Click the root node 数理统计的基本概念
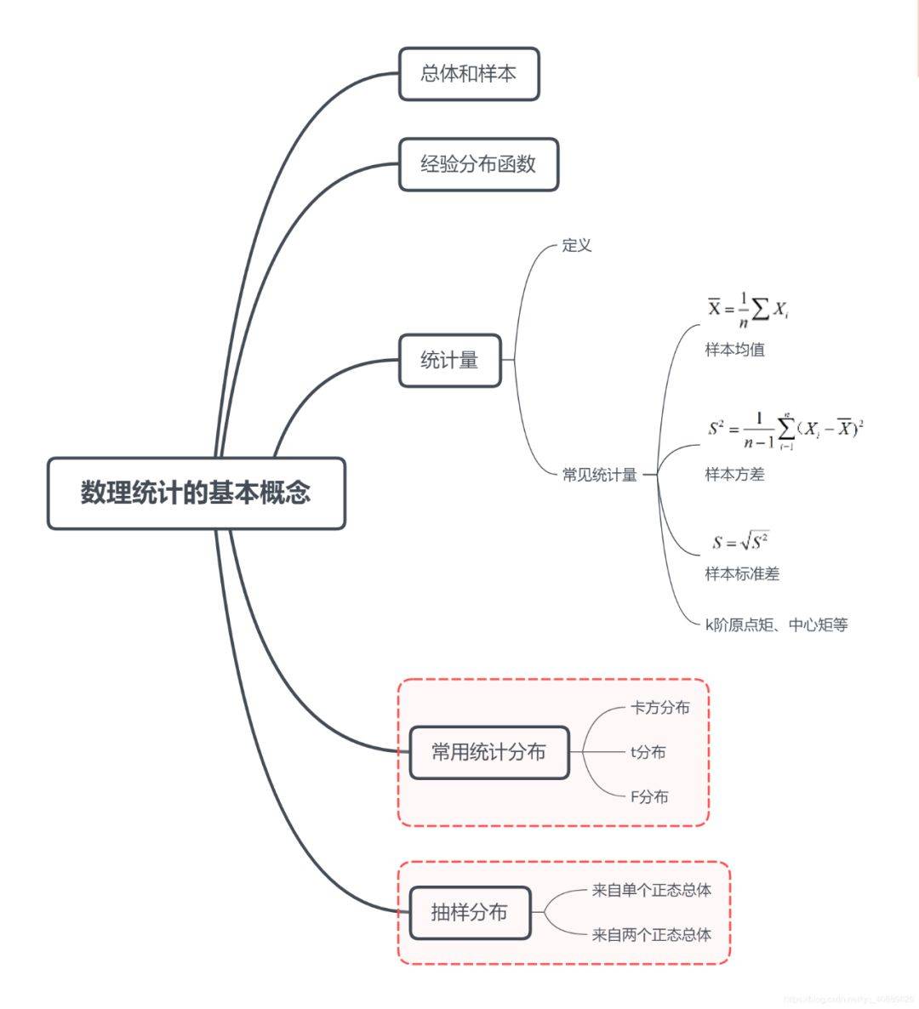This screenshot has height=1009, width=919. [x=196, y=493]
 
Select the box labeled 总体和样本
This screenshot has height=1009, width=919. [x=469, y=74]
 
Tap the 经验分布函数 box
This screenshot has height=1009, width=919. [x=478, y=164]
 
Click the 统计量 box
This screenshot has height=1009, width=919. [x=449, y=361]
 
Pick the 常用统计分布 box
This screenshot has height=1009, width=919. [x=488, y=752]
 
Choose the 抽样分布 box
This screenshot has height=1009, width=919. [x=470, y=913]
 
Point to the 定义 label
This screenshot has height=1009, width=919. [x=576, y=246]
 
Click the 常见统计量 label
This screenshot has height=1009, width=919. [x=599, y=475]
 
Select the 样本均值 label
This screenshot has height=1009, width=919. [x=734, y=350]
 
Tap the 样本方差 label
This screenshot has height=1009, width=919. [x=734, y=475]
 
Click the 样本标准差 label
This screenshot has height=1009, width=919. [x=742, y=574]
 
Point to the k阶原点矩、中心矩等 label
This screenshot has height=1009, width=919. [x=776, y=625]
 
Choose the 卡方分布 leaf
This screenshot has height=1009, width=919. [x=660, y=708]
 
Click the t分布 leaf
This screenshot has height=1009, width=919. [x=648, y=752]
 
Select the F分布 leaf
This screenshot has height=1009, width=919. [x=649, y=797]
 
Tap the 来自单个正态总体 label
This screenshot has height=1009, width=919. [x=652, y=891]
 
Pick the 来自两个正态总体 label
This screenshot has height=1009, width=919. [x=652, y=935]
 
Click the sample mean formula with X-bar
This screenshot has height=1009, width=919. [x=749, y=310]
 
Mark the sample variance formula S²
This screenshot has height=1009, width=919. [x=785, y=430]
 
